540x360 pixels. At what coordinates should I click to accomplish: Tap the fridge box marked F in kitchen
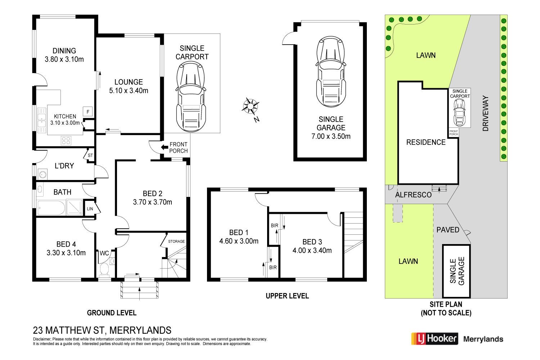[x=87, y=112]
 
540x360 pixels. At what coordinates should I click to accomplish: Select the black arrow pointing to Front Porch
[x=165, y=147]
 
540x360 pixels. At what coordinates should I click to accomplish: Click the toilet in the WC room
[x=104, y=269]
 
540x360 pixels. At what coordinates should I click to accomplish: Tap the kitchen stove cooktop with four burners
[x=66, y=140]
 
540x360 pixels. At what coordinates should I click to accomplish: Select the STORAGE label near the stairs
[x=176, y=242]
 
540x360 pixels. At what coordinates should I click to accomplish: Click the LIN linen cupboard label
[x=90, y=209]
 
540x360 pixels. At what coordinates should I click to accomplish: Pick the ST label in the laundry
[x=90, y=156]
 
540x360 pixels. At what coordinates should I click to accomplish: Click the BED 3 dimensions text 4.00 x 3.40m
[x=312, y=251]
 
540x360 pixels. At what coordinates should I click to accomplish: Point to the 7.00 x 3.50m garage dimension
[x=331, y=136]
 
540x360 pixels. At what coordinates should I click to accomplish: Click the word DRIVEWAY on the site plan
[x=486, y=113]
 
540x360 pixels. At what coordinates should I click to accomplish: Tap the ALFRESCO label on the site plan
[x=413, y=195]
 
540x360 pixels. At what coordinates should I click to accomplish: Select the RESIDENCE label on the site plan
[x=426, y=142]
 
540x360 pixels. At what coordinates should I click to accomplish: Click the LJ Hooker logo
[x=435, y=339]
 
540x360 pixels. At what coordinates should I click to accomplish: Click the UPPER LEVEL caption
[x=287, y=296]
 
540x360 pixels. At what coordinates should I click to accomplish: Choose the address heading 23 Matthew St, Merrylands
[x=102, y=330]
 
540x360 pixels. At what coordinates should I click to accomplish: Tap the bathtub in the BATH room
[x=51, y=208]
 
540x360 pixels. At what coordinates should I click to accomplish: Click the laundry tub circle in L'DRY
[x=42, y=175]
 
